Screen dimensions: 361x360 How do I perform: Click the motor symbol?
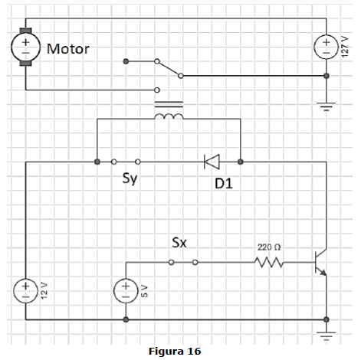click(25, 47)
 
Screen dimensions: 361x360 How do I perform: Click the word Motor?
click(68, 48)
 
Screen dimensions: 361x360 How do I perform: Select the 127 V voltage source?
click(327, 47)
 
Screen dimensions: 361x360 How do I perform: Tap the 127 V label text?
click(345, 47)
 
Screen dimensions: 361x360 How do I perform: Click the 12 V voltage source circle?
click(25, 290)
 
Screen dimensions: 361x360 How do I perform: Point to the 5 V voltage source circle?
click(126, 290)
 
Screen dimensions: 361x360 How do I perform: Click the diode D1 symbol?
click(212, 162)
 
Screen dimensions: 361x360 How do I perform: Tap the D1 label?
click(224, 183)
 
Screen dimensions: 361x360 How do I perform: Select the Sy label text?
click(130, 178)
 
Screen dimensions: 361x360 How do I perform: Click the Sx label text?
click(179, 243)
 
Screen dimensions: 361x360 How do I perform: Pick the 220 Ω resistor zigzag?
click(269, 262)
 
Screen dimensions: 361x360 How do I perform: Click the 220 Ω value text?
click(269, 247)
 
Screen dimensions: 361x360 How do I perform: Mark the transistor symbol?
click(320, 262)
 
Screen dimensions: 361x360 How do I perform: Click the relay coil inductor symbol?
click(169, 116)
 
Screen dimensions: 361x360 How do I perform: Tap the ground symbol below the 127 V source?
click(327, 106)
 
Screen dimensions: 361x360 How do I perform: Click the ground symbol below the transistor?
click(327, 336)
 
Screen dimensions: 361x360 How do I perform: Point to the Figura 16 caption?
click(175, 352)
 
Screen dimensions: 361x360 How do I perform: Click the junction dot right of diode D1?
click(241, 162)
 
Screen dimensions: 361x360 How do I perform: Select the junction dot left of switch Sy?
click(97, 162)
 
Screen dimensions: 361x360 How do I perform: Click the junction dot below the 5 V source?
click(126, 319)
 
